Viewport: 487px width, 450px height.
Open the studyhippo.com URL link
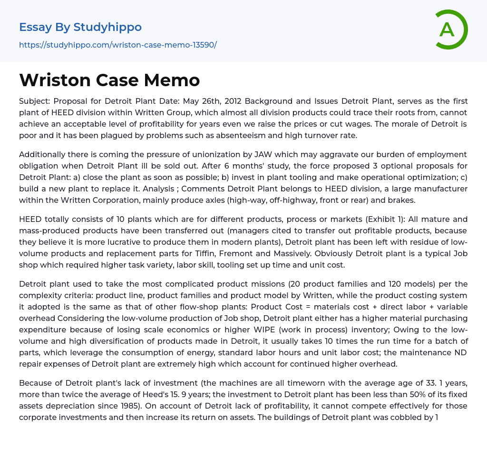pyautogui.click(x=117, y=45)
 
